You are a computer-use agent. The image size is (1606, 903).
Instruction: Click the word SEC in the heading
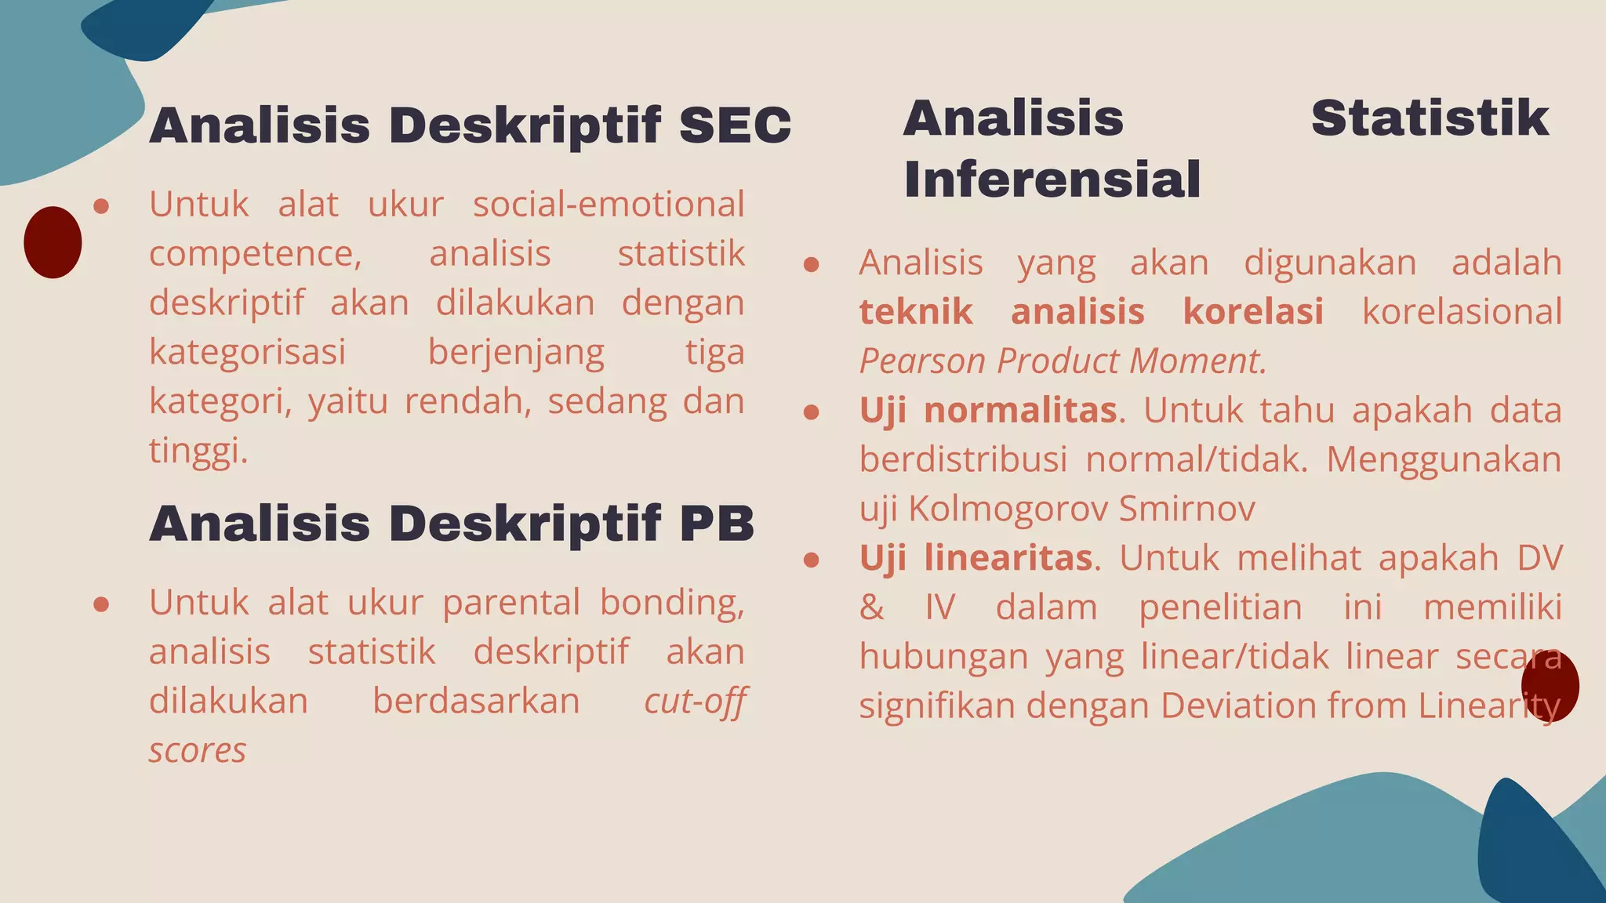pyautogui.click(x=735, y=125)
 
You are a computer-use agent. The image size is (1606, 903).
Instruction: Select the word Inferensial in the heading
pyautogui.click(x=1052, y=180)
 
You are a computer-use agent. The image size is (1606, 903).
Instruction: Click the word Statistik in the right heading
pyautogui.click(x=1430, y=118)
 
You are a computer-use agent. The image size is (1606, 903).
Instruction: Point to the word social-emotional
pyautogui.click(x=609, y=205)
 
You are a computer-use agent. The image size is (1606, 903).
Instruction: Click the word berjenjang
pyautogui.click(x=516, y=353)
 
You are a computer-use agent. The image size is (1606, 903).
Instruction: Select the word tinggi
pyautogui.click(x=198, y=451)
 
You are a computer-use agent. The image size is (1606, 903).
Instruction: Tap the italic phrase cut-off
pyautogui.click(x=694, y=701)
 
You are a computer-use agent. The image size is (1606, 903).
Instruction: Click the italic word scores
pyautogui.click(x=198, y=750)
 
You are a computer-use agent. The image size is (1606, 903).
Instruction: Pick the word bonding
pyautogui.click(x=672, y=603)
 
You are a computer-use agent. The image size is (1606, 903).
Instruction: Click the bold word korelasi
pyautogui.click(x=1252, y=312)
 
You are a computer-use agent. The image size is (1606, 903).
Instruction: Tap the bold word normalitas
pyautogui.click(x=1020, y=410)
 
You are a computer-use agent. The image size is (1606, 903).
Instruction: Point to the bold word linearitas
pyautogui.click(x=1008, y=558)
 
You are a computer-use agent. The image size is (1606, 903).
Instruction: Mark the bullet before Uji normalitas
pyautogui.click(x=812, y=412)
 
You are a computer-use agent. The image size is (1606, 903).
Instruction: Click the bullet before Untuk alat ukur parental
pyautogui.click(x=100, y=604)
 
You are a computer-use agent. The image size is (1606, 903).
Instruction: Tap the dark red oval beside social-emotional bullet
pyautogui.click(x=53, y=242)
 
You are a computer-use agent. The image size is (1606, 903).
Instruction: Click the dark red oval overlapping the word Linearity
pyautogui.click(x=1550, y=685)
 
